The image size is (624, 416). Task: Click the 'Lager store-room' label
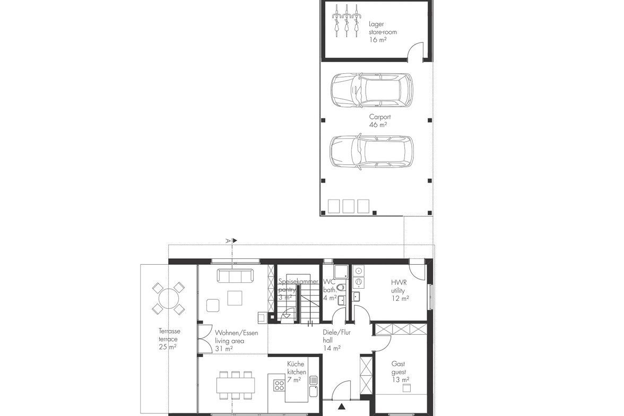383,28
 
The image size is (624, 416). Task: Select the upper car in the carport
371,90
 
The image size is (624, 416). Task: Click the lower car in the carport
371,154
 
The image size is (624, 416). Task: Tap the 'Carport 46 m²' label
380,120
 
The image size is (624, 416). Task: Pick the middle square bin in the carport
348,206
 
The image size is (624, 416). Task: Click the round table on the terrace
168,298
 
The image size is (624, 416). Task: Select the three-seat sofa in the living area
235,275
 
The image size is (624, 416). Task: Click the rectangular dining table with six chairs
236,385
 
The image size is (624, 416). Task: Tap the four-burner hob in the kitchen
279,385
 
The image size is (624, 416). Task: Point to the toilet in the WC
340,287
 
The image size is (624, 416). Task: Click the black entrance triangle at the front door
342,406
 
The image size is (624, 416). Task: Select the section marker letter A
228,240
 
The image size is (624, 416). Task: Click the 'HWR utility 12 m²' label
400,290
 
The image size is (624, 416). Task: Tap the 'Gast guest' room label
398,367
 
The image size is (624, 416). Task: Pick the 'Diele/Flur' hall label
336,332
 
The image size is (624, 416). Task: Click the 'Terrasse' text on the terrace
170,331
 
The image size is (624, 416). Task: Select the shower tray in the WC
341,271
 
